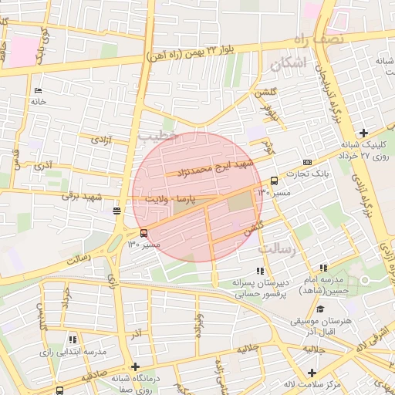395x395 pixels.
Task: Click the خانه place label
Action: pos(39,101)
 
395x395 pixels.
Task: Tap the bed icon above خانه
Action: pos(36,90)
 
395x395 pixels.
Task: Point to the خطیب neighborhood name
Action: pos(158,135)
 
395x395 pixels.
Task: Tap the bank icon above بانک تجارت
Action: pos(308,163)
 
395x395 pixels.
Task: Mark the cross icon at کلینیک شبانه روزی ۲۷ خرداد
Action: pos(363,133)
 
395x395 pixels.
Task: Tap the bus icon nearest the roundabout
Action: pos(144,234)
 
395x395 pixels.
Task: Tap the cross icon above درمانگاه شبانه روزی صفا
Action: pos(136,366)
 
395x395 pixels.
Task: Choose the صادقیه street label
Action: pos(89,375)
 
